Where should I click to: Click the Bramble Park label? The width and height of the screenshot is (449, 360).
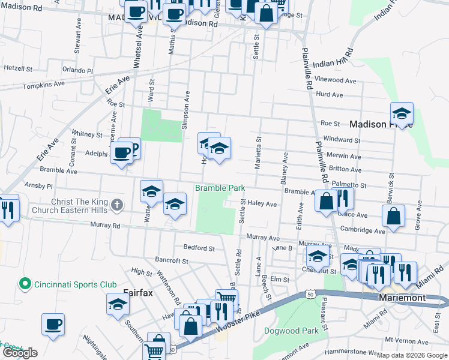[x=220, y=188]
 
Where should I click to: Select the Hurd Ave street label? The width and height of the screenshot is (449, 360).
[x=329, y=95]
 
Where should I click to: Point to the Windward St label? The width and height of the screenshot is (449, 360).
[x=340, y=140]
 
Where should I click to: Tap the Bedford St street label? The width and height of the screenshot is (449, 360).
[x=199, y=248]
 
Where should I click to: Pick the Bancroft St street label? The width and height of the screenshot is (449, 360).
[x=172, y=261]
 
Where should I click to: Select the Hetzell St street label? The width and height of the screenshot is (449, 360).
[x=18, y=69]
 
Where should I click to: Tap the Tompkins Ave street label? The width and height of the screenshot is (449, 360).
[x=43, y=86]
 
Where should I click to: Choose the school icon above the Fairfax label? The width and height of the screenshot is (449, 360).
[x=118, y=305]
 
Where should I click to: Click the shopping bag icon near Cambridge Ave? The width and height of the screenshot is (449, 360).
[x=394, y=217]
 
